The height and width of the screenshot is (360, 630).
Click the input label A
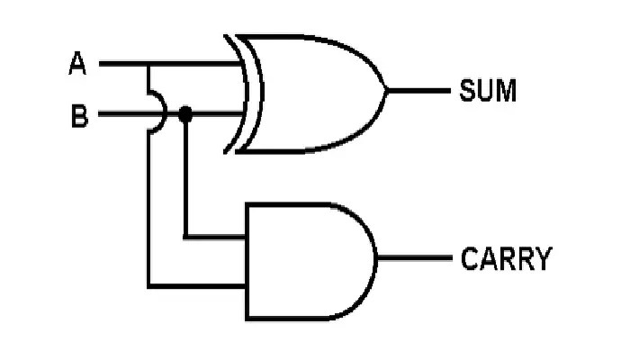(77, 64)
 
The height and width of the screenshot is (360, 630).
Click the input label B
(78, 116)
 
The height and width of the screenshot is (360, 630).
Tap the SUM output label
(488, 90)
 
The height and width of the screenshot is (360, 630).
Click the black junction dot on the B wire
(185, 114)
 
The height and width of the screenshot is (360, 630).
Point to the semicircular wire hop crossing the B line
(158, 115)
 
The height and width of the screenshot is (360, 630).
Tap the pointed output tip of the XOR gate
(385, 90)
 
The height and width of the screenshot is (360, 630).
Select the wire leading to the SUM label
(418, 90)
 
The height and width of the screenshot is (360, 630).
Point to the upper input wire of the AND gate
(216, 238)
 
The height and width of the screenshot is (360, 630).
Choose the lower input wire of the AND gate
(198, 287)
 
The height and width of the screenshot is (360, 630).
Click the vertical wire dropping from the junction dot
(185, 180)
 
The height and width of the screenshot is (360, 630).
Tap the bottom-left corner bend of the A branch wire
(149, 287)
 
